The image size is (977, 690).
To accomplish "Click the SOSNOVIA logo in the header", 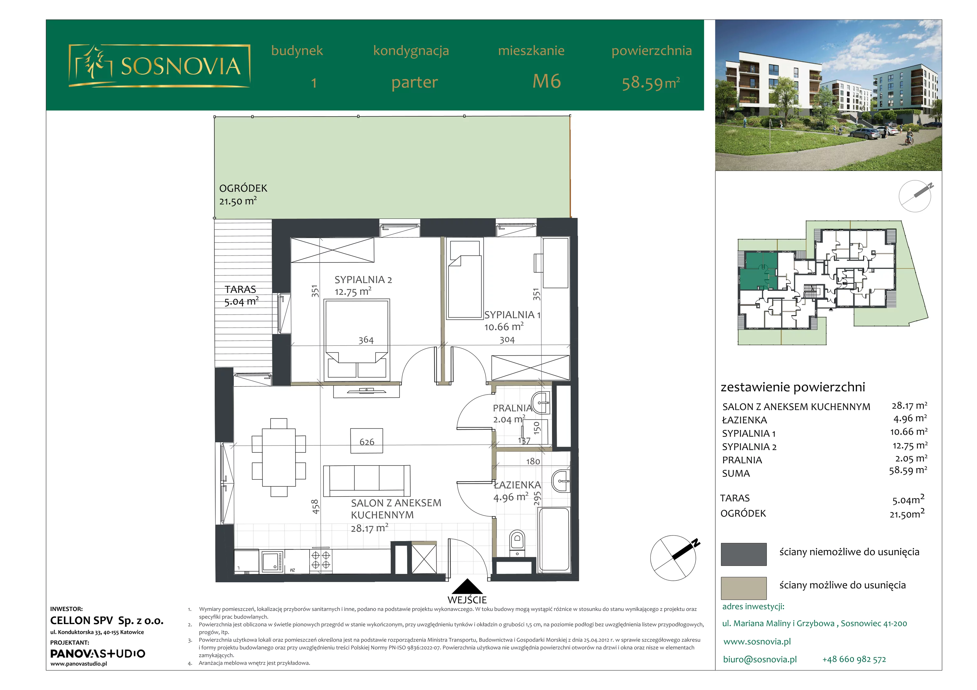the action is [159, 66].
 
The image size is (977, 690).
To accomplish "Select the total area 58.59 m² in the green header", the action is [651, 83].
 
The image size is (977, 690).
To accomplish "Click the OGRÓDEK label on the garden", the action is [243, 188].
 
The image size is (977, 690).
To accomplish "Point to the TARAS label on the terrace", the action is [240, 289].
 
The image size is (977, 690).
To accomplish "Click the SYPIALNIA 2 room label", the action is [363, 280].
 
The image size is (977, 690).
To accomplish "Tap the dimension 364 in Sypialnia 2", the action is [366, 340].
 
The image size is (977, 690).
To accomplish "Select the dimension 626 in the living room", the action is [367, 442].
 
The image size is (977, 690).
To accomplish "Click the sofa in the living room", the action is [367, 481].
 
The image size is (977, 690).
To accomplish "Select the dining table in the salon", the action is [279, 458].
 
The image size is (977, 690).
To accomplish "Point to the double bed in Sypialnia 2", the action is [357, 339].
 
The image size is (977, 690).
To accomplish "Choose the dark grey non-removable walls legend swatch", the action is [744, 554].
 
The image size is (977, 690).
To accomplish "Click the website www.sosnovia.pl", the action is [757, 641].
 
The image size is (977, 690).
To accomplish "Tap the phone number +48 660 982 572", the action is [854, 659].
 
